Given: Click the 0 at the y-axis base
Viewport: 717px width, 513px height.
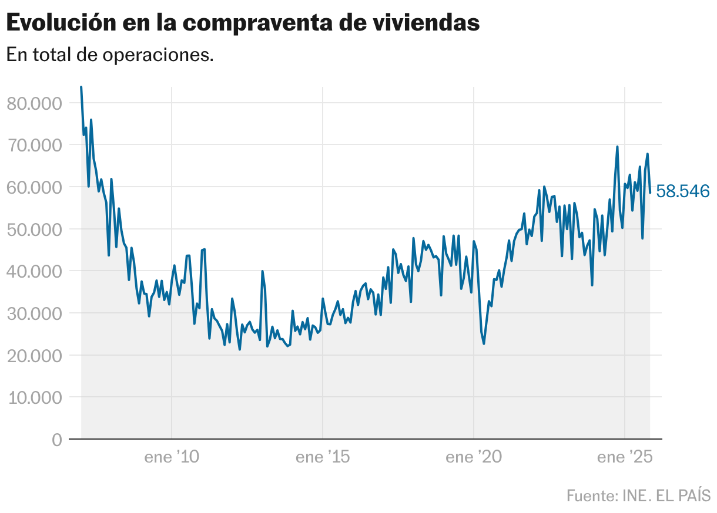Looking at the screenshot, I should click(56, 440).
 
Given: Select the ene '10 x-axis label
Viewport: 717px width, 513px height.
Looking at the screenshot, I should click(172, 457).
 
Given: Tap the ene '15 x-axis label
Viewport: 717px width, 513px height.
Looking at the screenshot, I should click(323, 457).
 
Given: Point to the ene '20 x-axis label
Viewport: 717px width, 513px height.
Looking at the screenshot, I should click(474, 457).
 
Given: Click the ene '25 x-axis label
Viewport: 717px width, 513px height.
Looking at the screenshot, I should click(625, 457).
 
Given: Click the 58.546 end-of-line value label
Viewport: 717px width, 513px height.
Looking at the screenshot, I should click(683, 191).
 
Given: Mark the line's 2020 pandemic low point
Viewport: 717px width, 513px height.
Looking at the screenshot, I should click(484, 343).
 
